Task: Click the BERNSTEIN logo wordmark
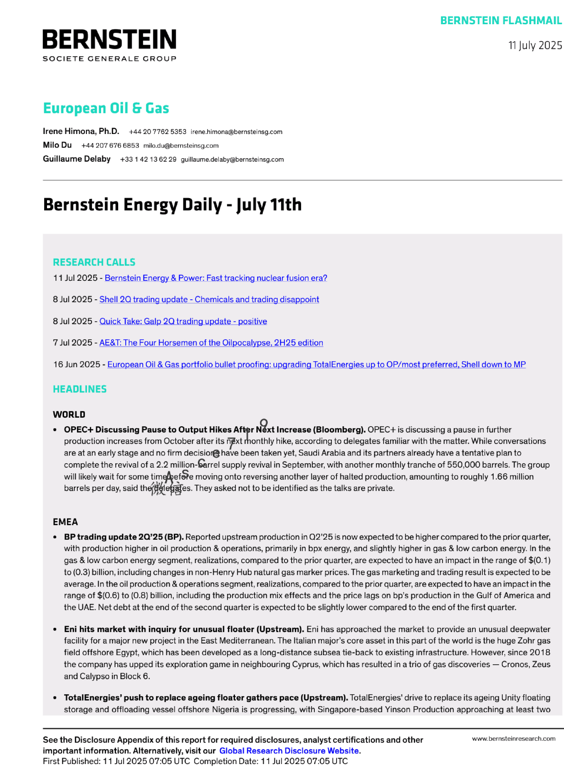[109, 40]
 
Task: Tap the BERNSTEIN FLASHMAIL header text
[501, 21]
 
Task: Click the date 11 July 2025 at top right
[535, 46]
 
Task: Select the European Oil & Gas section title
[106, 108]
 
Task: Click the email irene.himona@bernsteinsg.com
[236, 132]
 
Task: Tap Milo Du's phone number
[110, 146]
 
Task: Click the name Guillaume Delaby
[76, 159]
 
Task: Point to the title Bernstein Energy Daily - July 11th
[172, 205]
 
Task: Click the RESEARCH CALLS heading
[94, 262]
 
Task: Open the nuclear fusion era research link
[216, 278]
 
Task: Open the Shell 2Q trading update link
[209, 300]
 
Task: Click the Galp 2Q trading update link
[183, 322]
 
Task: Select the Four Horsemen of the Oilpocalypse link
[211, 343]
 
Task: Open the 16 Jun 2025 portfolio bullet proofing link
[316, 365]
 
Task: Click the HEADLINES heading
[80, 389]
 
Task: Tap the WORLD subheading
[69, 415]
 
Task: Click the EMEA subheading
[65, 522]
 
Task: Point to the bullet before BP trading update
[55, 537]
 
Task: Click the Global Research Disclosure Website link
[289, 751]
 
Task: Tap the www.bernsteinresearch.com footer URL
[513, 739]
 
